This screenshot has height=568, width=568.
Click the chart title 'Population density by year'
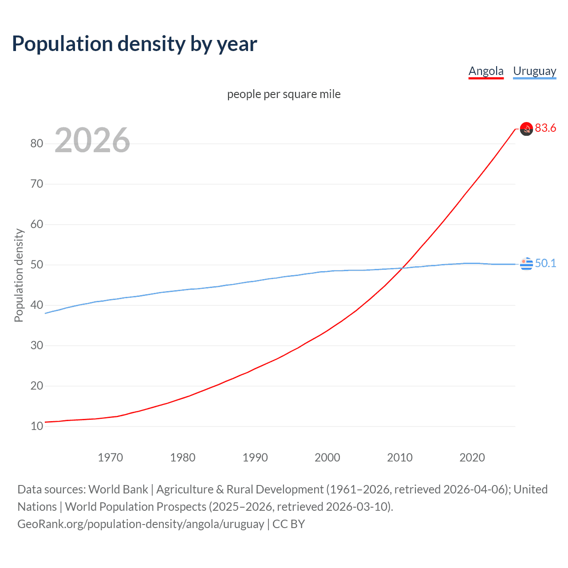[x=134, y=44]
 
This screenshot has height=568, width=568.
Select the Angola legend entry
[x=486, y=71]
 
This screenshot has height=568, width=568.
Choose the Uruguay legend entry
[x=534, y=71]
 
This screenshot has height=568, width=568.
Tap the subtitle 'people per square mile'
[x=284, y=94]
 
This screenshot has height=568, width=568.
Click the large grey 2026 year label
[x=92, y=140]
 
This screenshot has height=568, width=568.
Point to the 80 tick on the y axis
[x=37, y=143]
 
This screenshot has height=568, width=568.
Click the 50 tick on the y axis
[x=37, y=264]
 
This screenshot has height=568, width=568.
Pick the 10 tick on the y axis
[x=37, y=426]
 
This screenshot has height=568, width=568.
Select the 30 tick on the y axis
[x=37, y=345]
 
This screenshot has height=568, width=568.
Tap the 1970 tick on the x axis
[x=110, y=458]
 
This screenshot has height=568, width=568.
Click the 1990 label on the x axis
[x=255, y=458]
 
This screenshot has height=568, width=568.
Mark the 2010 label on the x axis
[x=400, y=458]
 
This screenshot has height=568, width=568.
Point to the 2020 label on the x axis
[x=472, y=458]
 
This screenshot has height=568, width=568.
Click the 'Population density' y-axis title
[x=19, y=275]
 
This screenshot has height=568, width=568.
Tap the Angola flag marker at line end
[x=526, y=129]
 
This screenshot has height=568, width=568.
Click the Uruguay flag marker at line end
[x=526, y=264]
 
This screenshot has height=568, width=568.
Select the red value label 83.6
[x=545, y=128]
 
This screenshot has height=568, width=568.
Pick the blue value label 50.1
[x=545, y=263]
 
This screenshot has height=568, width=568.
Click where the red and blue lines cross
[x=402, y=268]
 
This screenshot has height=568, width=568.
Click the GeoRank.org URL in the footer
[x=141, y=524]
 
